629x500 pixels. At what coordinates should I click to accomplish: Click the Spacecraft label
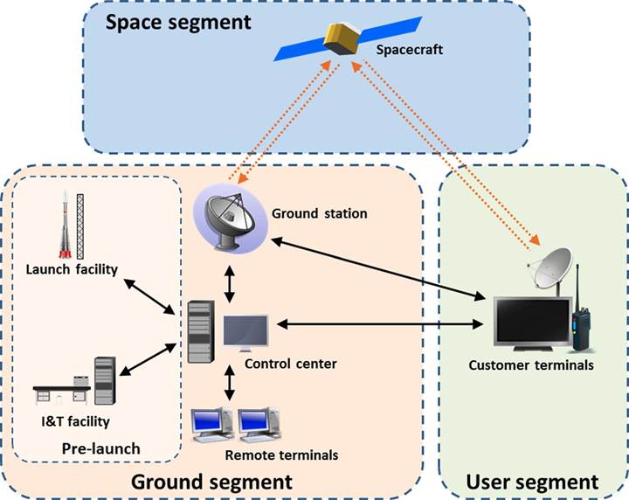(x=410, y=50)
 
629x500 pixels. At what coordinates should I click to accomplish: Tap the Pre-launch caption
(x=101, y=449)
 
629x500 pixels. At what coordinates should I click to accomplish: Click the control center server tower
(x=201, y=331)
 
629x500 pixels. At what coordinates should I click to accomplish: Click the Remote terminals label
(x=280, y=455)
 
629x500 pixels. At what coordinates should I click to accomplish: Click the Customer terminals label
(x=531, y=365)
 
